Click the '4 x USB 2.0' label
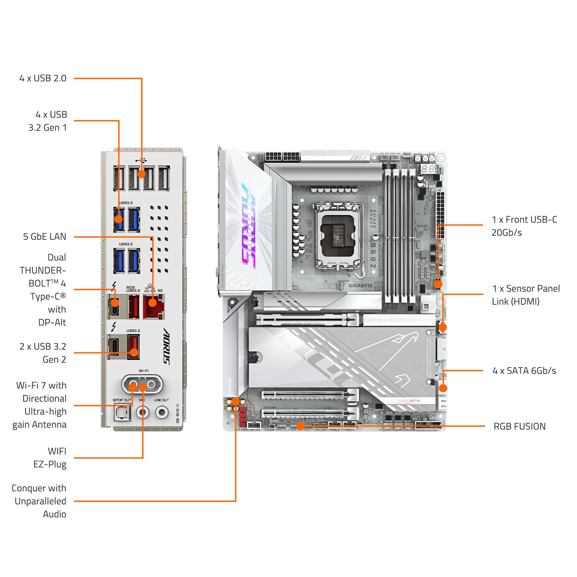coord(43,78)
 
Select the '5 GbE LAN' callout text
coord(45,237)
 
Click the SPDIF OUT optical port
coord(122,413)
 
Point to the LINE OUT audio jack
coord(162,413)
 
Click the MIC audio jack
coord(143,413)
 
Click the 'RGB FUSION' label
coord(519,426)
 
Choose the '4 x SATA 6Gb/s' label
coord(524,371)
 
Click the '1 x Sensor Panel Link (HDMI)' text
coord(526,295)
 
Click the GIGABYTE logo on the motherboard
coord(360,286)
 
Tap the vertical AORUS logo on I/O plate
coord(167,346)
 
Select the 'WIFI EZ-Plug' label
coord(50,458)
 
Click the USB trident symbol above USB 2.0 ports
coord(141,160)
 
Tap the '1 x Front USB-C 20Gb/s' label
coord(524,226)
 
